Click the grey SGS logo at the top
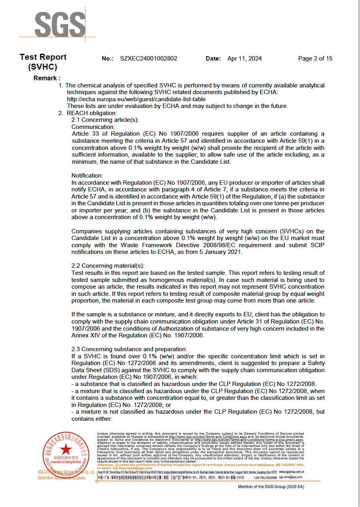[x=60, y=24]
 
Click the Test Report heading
[x=43, y=62]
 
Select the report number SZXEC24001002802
[x=148, y=59]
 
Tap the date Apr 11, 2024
[x=244, y=59]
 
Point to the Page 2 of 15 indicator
[x=315, y=59]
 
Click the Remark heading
[x=47, y=78]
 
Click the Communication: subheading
[x=93, y=127]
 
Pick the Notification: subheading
[x=87, y=176]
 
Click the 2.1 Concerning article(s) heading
[x=105, y=120]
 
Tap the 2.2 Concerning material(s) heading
[x=108, y=266]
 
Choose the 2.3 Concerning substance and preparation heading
[x=129, y=349]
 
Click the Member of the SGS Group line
[x=271, y=487]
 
